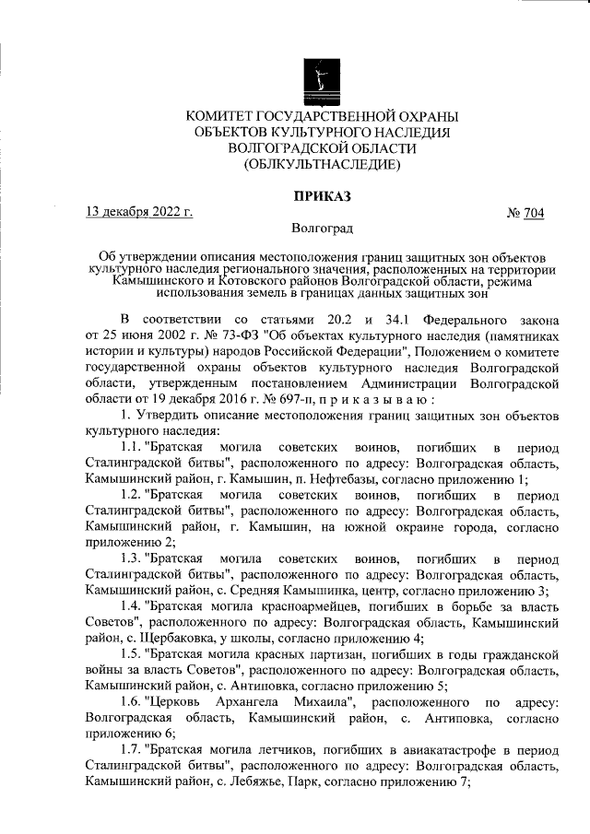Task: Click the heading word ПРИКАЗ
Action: tap(321, 195)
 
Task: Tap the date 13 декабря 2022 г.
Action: tap(138, 213)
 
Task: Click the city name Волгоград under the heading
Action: tap(321, 227)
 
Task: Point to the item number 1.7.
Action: tap(133, 752)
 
